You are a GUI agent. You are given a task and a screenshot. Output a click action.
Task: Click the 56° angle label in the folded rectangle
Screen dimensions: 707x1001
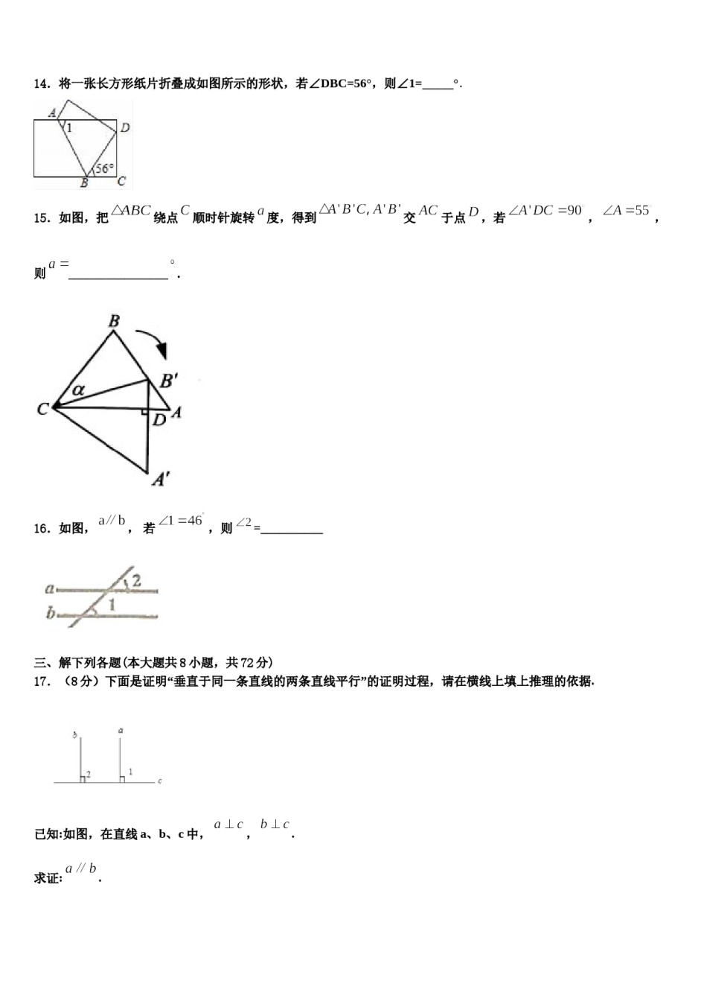[x=104, y=168]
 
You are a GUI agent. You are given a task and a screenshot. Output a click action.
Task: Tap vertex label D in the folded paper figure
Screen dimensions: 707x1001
[x=125, y=127]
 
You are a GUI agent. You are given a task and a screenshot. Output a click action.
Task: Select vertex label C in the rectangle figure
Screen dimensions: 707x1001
[x=121, y=180]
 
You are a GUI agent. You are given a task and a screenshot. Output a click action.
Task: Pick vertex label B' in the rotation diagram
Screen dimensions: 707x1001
[x=169, y=381]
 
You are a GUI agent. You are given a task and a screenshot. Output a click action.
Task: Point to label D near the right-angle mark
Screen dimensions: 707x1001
[x=159, y=421]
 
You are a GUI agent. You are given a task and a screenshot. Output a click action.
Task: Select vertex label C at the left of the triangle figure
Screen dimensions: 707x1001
[x=42, y=408]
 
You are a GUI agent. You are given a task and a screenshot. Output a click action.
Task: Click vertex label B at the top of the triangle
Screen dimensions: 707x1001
[x=114, y=322]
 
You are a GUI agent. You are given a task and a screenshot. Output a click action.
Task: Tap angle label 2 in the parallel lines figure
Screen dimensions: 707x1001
[x=137, y=580]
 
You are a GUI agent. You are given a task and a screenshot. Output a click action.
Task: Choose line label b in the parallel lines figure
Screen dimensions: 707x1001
[x=50, y=614]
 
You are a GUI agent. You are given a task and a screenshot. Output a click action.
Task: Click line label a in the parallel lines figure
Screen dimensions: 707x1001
[x=49, y=588]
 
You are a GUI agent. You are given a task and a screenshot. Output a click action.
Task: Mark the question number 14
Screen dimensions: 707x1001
[x=41, y=84]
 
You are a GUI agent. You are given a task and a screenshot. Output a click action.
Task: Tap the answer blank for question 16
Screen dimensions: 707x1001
[x=292, y=530]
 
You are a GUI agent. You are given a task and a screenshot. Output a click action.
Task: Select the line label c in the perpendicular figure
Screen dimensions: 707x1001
[x=159, y=781]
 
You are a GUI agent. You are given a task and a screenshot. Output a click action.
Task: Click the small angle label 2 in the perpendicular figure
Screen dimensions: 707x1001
[x=88, y=775]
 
